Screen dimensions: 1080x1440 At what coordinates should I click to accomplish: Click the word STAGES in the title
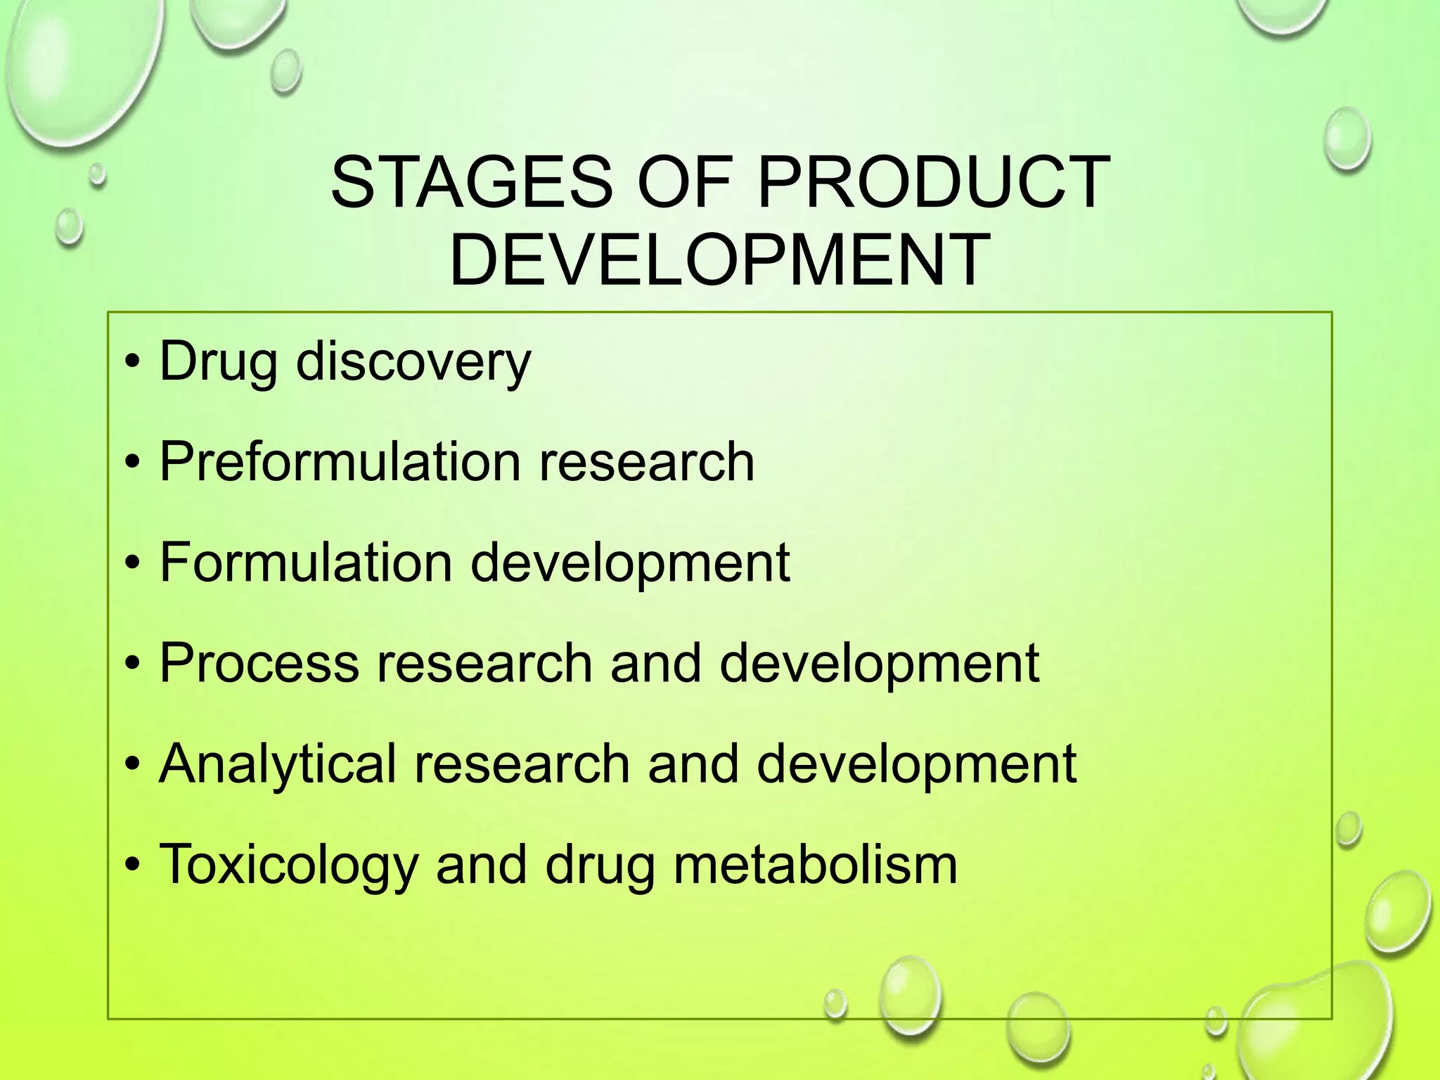(x=472, y=182)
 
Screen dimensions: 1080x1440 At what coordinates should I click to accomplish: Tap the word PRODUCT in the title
(x=933, y=182)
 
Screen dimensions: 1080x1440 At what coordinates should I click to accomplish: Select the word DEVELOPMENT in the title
(x=719, y=260)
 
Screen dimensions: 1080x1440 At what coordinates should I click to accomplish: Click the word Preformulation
(x=340, y=462)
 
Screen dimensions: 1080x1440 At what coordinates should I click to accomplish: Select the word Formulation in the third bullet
(x=306, y=562)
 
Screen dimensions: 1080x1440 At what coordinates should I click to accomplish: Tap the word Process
(x=259, y=662)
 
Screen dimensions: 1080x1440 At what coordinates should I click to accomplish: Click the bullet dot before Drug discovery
(x=132, y=363)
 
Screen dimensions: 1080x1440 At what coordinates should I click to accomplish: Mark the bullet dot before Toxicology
(x=132, y=865)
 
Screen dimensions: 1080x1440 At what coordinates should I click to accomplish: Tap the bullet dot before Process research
(x=132, y=664)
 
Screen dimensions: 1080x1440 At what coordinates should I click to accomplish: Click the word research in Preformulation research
(x=646, y=462)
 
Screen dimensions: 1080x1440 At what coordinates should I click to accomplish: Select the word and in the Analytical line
(x=693, y=764)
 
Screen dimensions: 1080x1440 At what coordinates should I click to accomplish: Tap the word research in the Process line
(x=484, y=662)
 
